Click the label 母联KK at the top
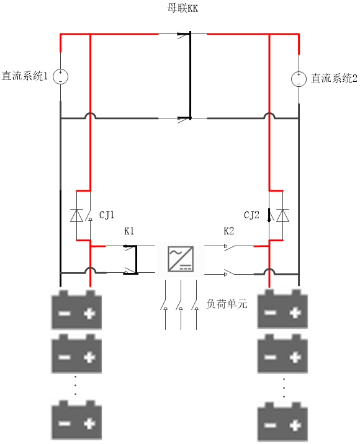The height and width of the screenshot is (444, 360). pos(182,8)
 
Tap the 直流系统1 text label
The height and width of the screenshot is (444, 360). pos(25,76)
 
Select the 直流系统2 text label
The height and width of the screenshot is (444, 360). pos(334,78)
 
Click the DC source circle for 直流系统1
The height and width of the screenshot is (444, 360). pos(61,76)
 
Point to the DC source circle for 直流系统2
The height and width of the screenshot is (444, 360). pos(299,79)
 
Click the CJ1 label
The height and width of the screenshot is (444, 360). pos(107,215)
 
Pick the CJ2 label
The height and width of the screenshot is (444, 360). pos(251,215)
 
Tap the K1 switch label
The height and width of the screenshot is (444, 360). pos(129,231)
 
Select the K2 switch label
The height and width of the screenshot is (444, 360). pos(229,231)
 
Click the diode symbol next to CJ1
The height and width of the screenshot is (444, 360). pos(76,215)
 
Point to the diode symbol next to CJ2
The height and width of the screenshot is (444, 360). pos(282,215)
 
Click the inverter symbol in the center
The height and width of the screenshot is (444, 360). pos(181,259)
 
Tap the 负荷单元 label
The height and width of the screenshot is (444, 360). pos(227,304)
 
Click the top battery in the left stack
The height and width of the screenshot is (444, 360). pos(76,309)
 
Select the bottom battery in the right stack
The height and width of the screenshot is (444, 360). pos(282,421)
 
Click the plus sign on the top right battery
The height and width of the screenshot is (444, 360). pos(295,313)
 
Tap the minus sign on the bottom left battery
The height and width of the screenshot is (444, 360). pos(65,424)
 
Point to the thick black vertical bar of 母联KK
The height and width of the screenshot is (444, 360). pos(190,75)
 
